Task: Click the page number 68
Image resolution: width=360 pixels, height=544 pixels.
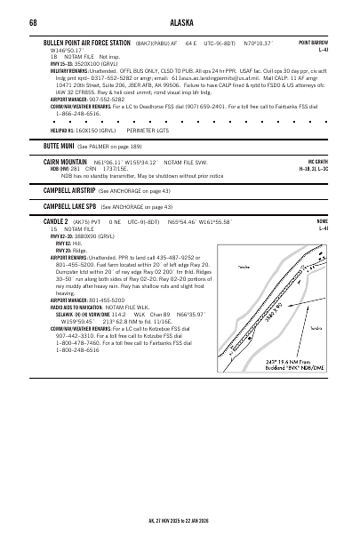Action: pyautogui.click(x=32, y=23)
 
